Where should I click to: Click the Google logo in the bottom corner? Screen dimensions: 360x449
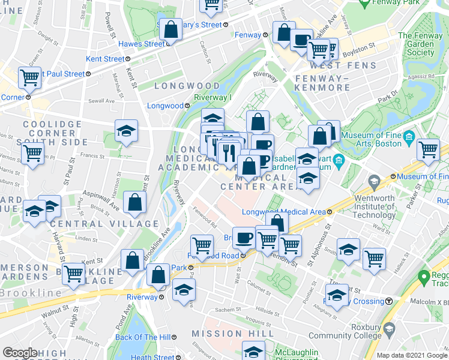click(20, 353)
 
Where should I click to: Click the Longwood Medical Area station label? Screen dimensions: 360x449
click(283, 212)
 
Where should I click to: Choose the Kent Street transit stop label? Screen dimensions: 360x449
click(105, 59)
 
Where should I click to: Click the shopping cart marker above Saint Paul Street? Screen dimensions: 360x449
click(29, 77)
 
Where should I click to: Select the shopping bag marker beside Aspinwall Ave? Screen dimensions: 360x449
click(134, 203)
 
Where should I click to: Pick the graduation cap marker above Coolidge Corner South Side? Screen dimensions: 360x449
click(127, 131)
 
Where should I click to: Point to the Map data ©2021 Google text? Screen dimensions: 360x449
click(411, 355)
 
